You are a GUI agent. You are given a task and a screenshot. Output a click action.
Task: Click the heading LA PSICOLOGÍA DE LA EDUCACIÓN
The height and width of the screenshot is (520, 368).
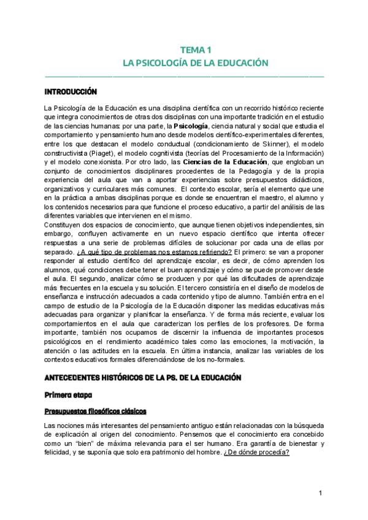(x=184, y=63)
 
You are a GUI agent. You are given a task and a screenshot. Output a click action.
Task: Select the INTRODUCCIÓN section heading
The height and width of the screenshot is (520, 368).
(x=71, y=92)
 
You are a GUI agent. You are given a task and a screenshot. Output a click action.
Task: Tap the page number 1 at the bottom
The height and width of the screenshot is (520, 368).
(x=320, y=494)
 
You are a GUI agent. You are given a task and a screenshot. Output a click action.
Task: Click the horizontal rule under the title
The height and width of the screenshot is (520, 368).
(x=184, y=76)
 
